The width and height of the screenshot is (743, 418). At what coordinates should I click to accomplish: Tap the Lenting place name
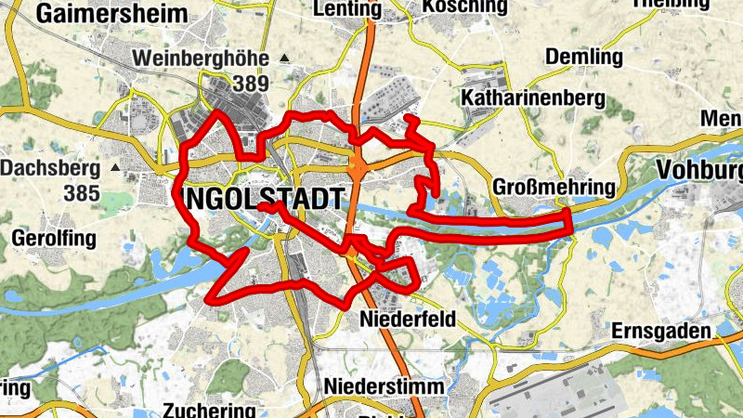pos(348,9)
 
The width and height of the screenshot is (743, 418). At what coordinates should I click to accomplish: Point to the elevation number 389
pos(251,84)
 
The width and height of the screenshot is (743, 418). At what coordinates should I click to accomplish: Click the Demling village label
pos(583,58)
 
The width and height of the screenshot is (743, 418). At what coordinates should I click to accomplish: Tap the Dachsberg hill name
pos(50,169)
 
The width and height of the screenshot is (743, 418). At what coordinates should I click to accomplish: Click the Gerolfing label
pos(54,239)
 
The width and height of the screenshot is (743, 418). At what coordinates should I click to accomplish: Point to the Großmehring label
pos(555,188)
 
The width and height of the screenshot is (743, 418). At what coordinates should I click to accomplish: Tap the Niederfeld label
pos(408,320)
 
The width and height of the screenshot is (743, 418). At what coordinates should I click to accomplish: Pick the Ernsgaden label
pos(660,331)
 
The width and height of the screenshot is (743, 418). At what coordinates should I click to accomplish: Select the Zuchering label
pos(208,410)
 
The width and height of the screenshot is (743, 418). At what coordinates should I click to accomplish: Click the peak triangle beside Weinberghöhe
pos(284,59)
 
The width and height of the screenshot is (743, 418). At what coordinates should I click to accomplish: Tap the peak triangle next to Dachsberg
pos(114,169)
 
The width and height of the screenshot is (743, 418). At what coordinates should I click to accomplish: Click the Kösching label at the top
pos(464,7)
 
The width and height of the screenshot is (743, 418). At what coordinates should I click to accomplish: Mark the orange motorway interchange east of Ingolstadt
pos(359,169)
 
